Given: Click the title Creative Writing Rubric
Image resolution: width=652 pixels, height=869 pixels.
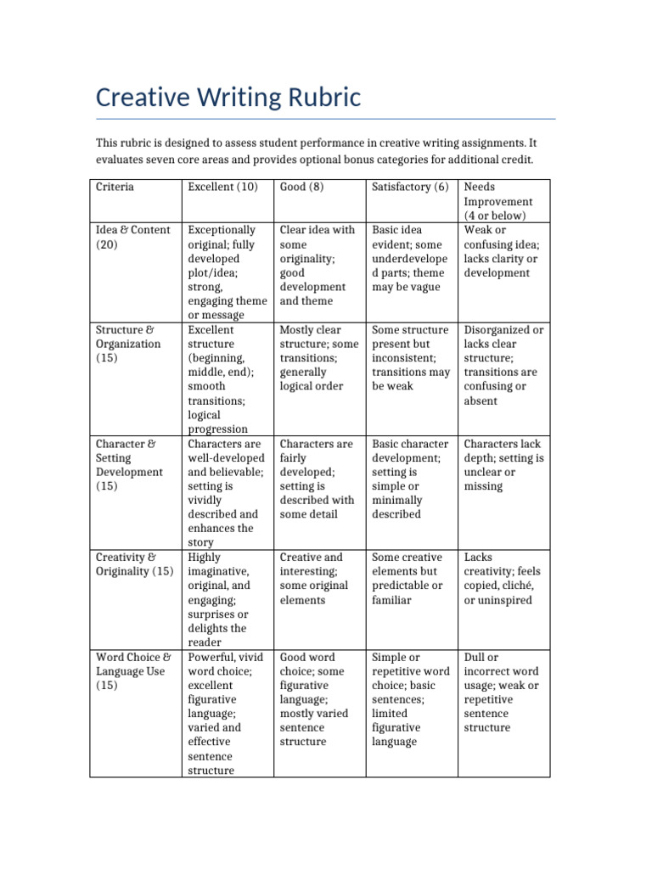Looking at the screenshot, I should pos(228,98).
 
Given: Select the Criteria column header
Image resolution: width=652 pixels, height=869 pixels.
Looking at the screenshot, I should pos(115,187).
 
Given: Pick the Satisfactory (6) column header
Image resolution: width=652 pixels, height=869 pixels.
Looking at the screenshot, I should pos(410,187).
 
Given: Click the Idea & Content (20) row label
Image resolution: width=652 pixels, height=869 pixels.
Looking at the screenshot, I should pos(132,237).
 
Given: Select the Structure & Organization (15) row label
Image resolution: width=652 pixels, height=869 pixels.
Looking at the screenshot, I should pos(127,344).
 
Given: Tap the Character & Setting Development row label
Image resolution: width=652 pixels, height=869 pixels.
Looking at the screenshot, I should pos(129,464).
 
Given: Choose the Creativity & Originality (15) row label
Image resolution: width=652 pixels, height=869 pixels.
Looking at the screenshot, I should pos(134,564).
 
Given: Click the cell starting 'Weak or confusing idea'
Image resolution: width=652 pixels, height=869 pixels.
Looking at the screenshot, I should pos(502,251).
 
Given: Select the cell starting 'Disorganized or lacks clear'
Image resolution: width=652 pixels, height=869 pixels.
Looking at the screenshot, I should pos(503,365).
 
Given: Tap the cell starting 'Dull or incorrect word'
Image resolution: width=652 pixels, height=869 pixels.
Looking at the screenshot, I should pos(501,692).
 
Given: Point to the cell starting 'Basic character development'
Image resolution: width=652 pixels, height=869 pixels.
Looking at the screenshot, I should pos(410,479).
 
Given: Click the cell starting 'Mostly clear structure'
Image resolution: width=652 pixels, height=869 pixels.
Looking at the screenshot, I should pos(319,358).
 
